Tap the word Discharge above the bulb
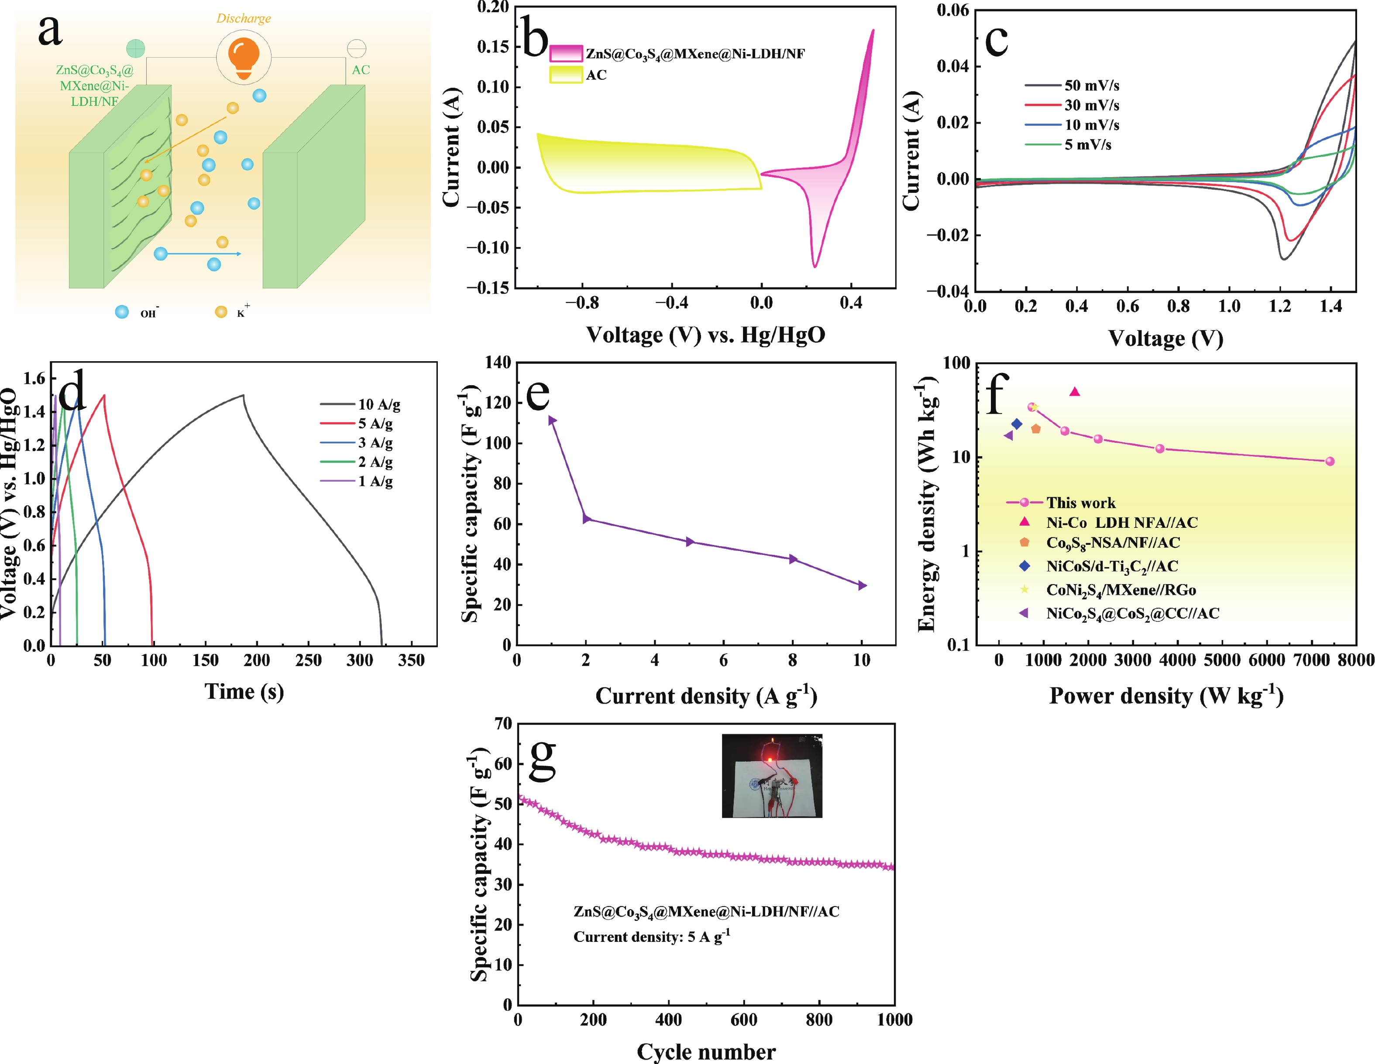[x=244, y=18]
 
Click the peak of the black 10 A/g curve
[x=243, y=395]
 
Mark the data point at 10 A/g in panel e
[x=862, y=585]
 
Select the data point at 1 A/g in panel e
[x=551, y=420]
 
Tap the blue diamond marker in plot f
[x=1017, y=424]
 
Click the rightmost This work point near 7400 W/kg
[x=1330, y=461]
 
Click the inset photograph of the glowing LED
[x=772, y=776]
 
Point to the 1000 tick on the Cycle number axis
[x=894, y=1020]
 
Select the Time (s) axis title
[x=244, y=691]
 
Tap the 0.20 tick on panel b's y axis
[x=493, y=7]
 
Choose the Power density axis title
[x=1166, y=695]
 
